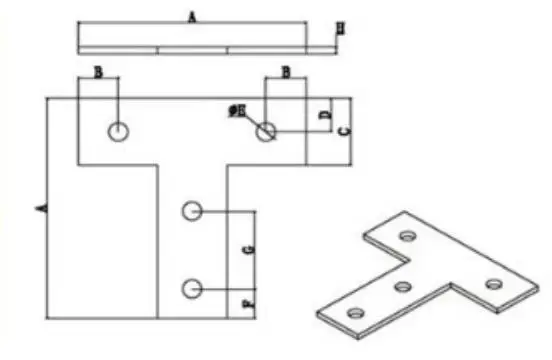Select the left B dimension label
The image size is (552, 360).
(x=98, y=72)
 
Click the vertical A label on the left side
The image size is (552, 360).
(x=41, y=207)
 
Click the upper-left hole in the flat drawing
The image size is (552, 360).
(x=119, y=131)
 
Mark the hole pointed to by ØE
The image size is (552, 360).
(x=265, y=131)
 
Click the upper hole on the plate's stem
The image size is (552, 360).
(x=192, y=211)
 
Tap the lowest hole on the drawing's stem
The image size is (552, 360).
(x=192, y=289)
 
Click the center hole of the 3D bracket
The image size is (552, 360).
(x=404, y=287)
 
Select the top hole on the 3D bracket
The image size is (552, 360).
(x=407, y=237)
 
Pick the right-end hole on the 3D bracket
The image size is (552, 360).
(x=492, y=285)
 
